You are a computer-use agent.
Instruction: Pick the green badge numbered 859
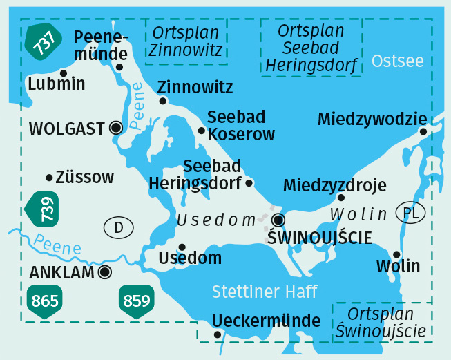point(137,301)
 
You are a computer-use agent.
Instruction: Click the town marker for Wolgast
point(116,127)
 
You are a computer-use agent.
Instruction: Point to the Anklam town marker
point(104,272)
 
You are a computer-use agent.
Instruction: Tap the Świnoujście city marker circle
point(278,220)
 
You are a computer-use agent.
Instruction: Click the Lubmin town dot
point(64,73)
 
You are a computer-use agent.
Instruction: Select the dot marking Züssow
point(49,178)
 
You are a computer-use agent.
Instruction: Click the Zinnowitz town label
point(195,88)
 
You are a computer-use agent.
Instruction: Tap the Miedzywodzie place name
point(372,120)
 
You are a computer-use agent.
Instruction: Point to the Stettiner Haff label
point(265,292)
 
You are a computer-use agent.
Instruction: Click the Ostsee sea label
point(397,61)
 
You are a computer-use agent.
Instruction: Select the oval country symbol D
point(118,227)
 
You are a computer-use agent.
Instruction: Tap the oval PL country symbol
point(410,213)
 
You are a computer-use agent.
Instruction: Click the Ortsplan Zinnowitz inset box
point(186,41)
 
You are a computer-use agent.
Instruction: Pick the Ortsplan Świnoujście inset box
point(381,322)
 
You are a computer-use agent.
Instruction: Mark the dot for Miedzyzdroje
point(340,198)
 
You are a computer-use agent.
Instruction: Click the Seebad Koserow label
point(241,126)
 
